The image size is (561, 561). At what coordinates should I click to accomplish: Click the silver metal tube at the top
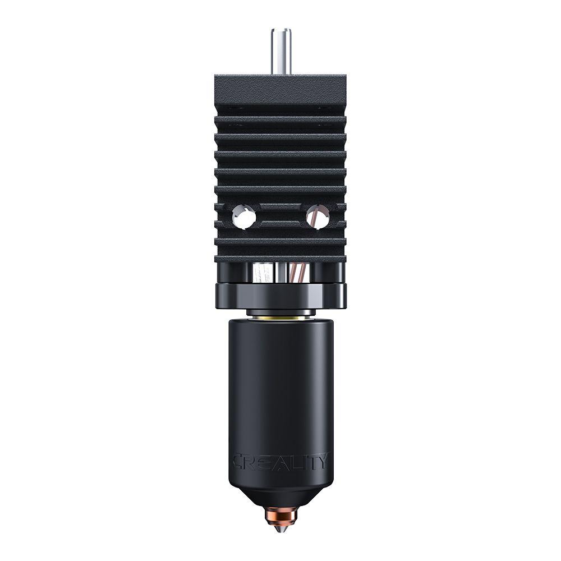tap(280, 50)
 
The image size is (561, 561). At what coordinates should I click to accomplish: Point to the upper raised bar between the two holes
tap(280, 209)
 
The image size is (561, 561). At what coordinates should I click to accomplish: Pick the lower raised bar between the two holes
tap(280, 225)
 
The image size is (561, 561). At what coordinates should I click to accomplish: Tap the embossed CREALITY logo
tap(280, 462)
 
